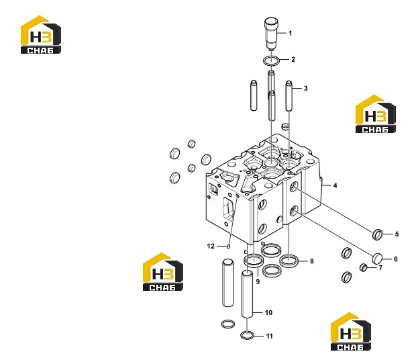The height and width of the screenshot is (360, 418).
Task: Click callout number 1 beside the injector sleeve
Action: [291, 33]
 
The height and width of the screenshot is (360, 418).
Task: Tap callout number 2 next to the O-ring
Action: [293, 59]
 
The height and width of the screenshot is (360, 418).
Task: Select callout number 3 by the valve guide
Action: [305, 88]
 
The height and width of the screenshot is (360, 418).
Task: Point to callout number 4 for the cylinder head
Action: [335, 185]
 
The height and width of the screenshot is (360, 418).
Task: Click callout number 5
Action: [397, 234]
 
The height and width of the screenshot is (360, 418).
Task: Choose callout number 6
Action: [396, 259]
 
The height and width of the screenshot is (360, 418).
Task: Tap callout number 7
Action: [380, 267]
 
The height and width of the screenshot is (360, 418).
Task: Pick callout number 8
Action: [311, 261]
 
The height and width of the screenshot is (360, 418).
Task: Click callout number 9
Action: [258, 281]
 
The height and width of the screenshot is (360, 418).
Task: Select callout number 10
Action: [268, 312]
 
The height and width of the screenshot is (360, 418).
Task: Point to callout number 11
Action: [270, 336]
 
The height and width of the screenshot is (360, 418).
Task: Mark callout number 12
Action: [211, 246]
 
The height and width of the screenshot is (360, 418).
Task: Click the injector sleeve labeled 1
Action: [271, 34]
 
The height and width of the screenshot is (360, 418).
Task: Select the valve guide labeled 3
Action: [289, 96]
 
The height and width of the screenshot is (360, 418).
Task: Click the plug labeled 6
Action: [377, 259]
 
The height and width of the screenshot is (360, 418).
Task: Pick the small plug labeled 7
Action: [363, 267]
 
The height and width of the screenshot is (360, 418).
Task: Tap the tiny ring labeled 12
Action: [228, 246]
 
